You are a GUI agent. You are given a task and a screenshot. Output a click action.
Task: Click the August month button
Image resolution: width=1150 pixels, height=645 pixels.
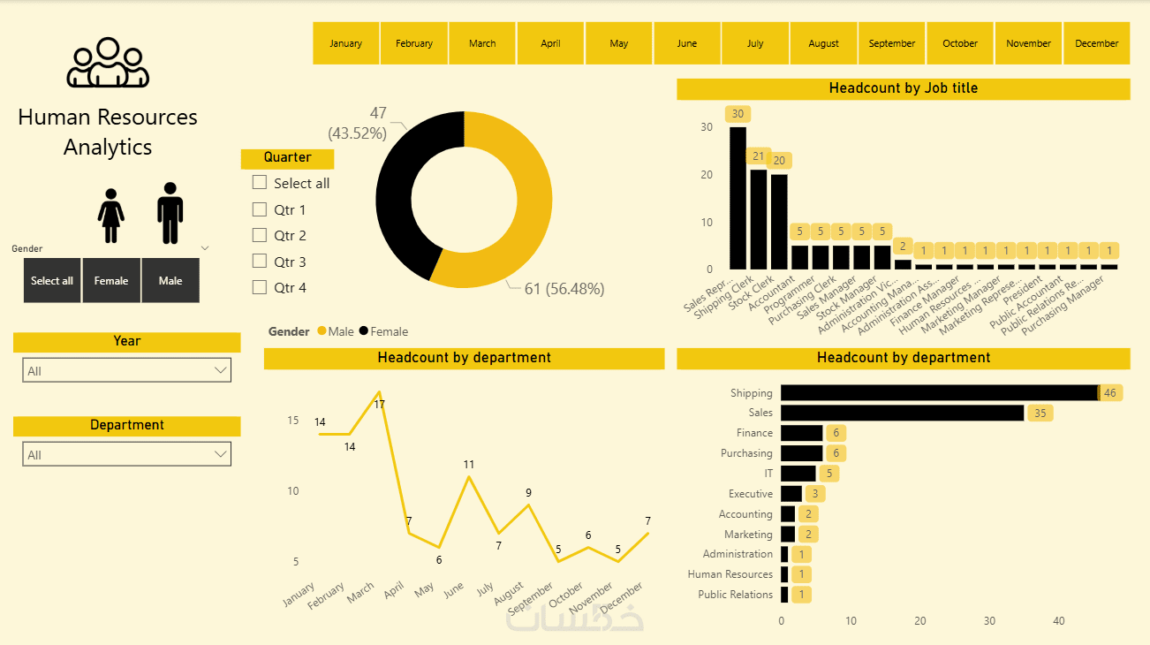tap(823, 43)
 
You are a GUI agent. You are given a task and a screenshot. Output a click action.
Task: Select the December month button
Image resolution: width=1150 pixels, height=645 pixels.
tap(1096, 43)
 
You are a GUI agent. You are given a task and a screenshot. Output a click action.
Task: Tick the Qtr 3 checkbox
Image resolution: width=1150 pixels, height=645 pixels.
tap(260, 262)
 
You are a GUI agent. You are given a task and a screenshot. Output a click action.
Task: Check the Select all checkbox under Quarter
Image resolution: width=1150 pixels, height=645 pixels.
tap(260, 183)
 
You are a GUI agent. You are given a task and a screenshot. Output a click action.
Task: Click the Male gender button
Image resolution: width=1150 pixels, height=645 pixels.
tap(170, 281)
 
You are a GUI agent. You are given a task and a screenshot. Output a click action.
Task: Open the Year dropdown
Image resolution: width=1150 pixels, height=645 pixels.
tap(126, 370)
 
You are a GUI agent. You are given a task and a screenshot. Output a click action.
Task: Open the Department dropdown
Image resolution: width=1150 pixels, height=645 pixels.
tap(126, 454)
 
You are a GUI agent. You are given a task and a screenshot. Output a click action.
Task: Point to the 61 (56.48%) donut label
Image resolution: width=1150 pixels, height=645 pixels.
tap(564, 288)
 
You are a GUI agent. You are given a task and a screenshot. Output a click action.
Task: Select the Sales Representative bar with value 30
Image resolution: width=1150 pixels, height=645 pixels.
tap(738, 198)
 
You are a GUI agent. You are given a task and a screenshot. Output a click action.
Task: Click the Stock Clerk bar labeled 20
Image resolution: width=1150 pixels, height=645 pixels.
tap(779, 222)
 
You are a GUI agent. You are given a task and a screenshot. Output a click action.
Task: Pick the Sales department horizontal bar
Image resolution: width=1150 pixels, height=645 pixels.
tap(902, 413)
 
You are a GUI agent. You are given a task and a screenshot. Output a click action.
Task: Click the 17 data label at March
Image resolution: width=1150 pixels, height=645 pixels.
tap(380, 404)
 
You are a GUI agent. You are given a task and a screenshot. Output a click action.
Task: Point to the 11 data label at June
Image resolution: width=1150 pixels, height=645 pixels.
tap(469, 464)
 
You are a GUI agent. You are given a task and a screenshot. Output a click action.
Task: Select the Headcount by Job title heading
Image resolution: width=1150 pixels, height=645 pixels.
tap(903, 88)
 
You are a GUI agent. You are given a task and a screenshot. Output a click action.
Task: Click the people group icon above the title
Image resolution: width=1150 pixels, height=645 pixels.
tap(108, 63)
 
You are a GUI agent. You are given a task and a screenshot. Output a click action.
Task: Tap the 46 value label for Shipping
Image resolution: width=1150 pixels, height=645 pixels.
tap(1110, 393)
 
